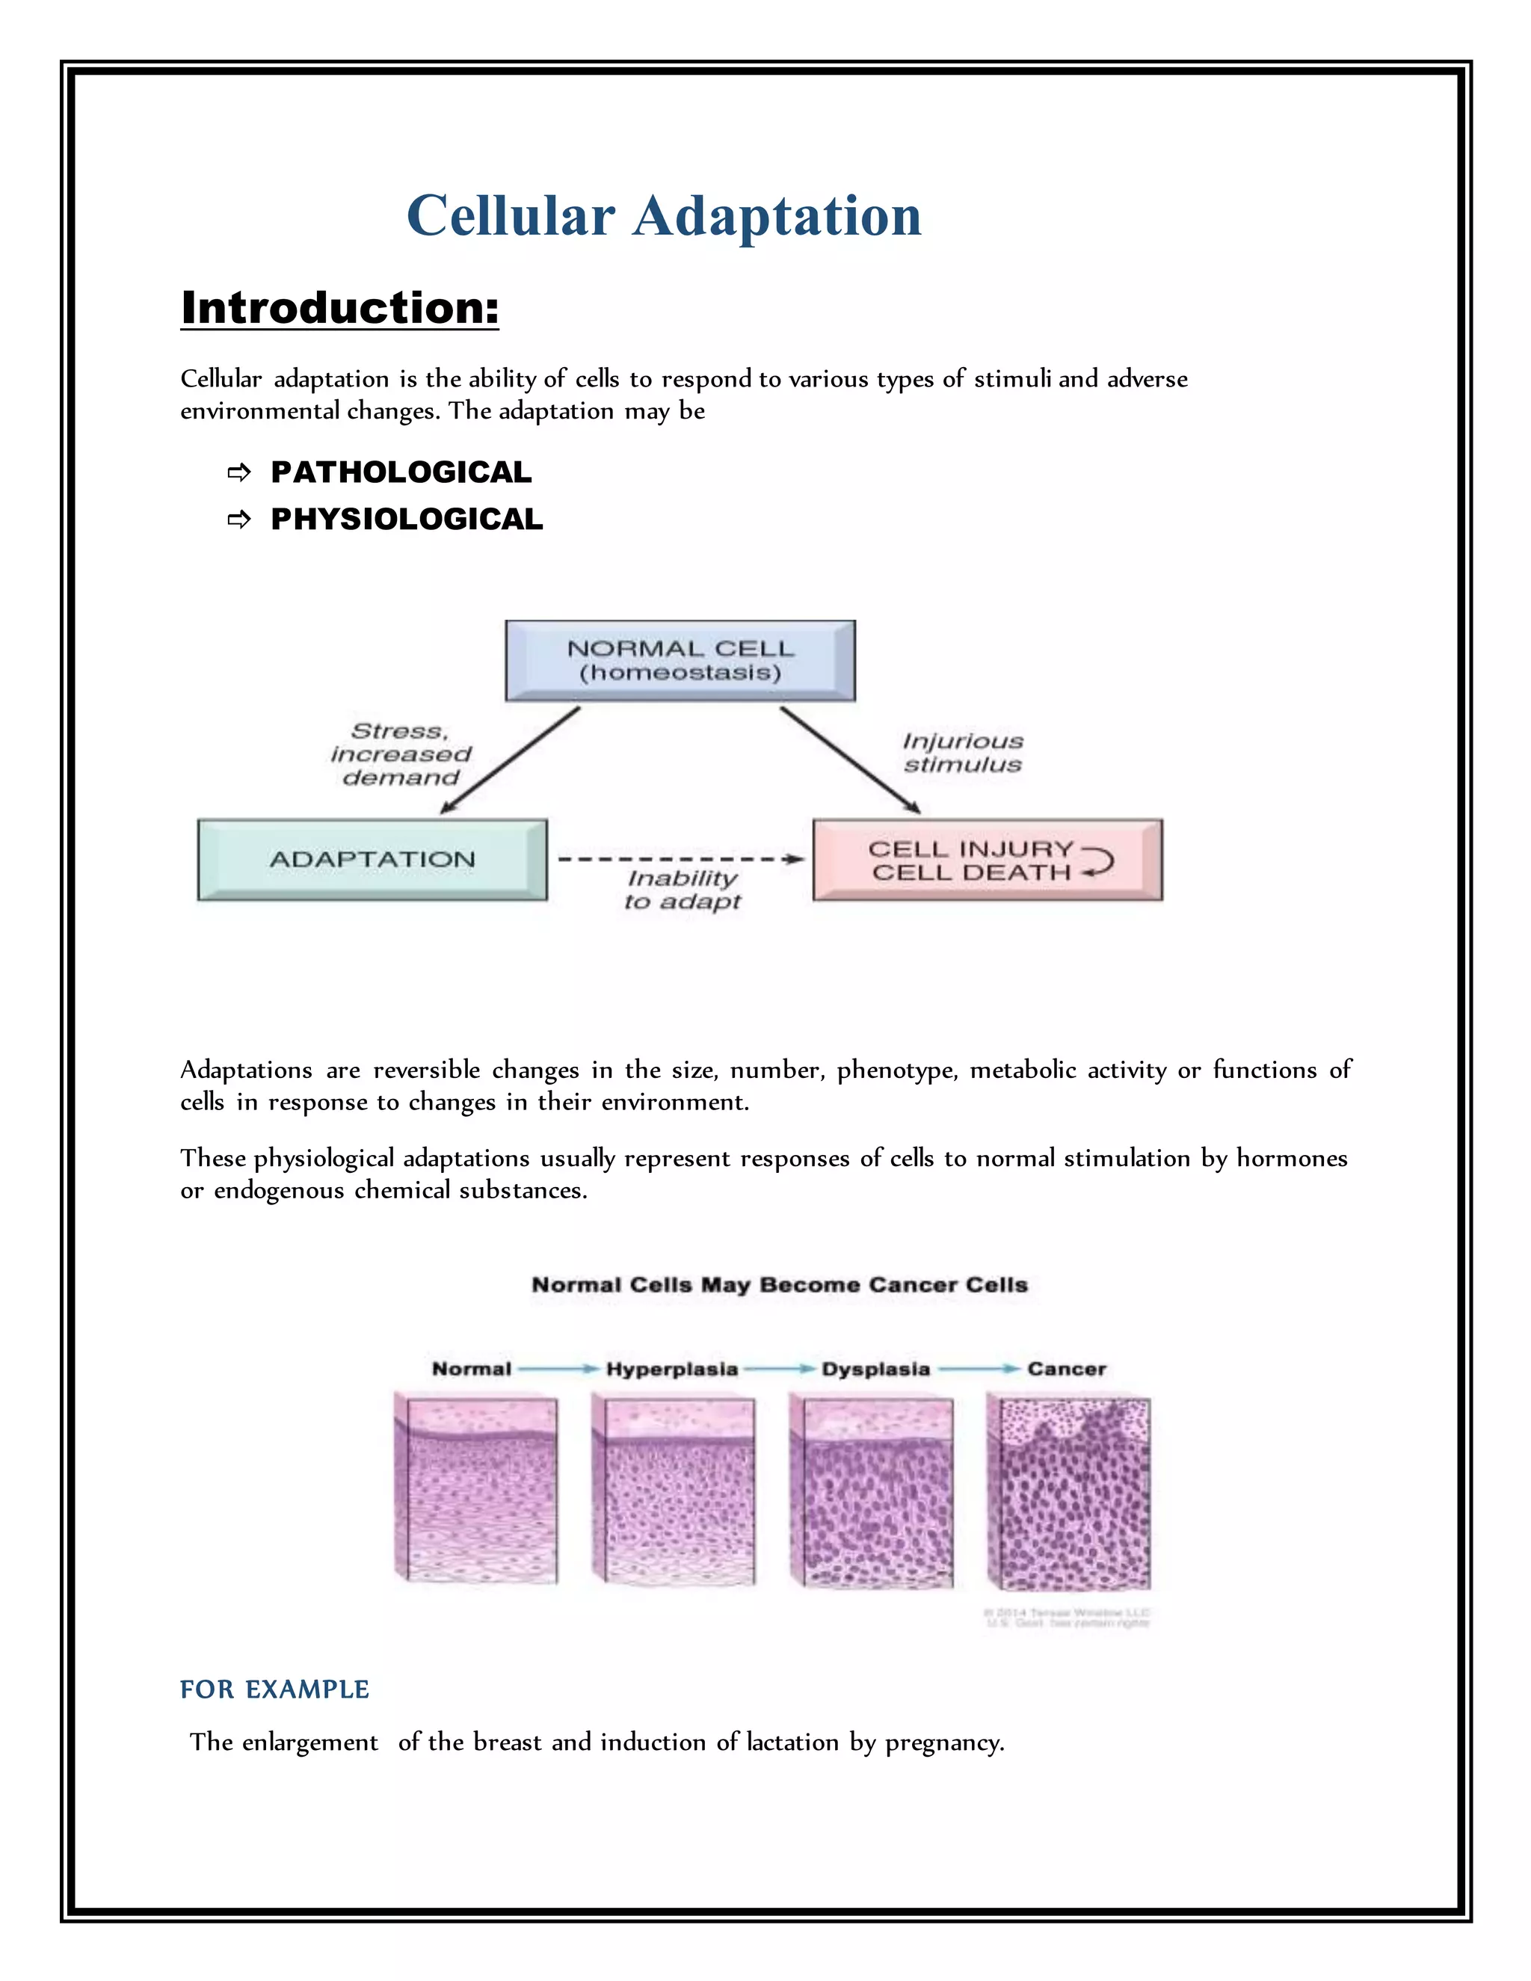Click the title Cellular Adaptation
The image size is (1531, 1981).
coord(664,216)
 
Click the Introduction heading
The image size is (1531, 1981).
coord(339,307)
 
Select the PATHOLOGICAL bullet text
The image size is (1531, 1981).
coord(401,472)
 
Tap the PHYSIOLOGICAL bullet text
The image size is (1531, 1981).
coord(407,520)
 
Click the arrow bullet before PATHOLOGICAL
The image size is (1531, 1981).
coord(238,472)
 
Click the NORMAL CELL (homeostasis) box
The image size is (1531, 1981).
coord(680,660)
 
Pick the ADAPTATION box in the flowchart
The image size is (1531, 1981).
coord(372,860)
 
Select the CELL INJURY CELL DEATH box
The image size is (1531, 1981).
coord(987,860)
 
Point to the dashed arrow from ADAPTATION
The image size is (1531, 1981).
coord(680,859)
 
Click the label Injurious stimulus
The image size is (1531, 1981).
coord(962,753)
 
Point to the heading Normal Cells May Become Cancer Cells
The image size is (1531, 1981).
coord(779,1285)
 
